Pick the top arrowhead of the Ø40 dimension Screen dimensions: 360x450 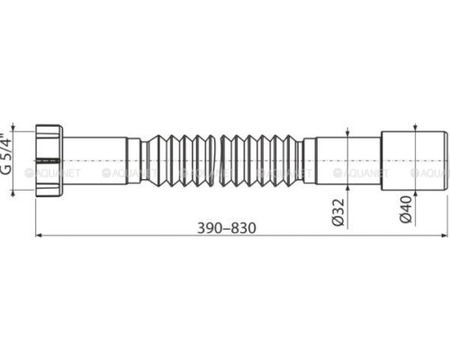420,134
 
